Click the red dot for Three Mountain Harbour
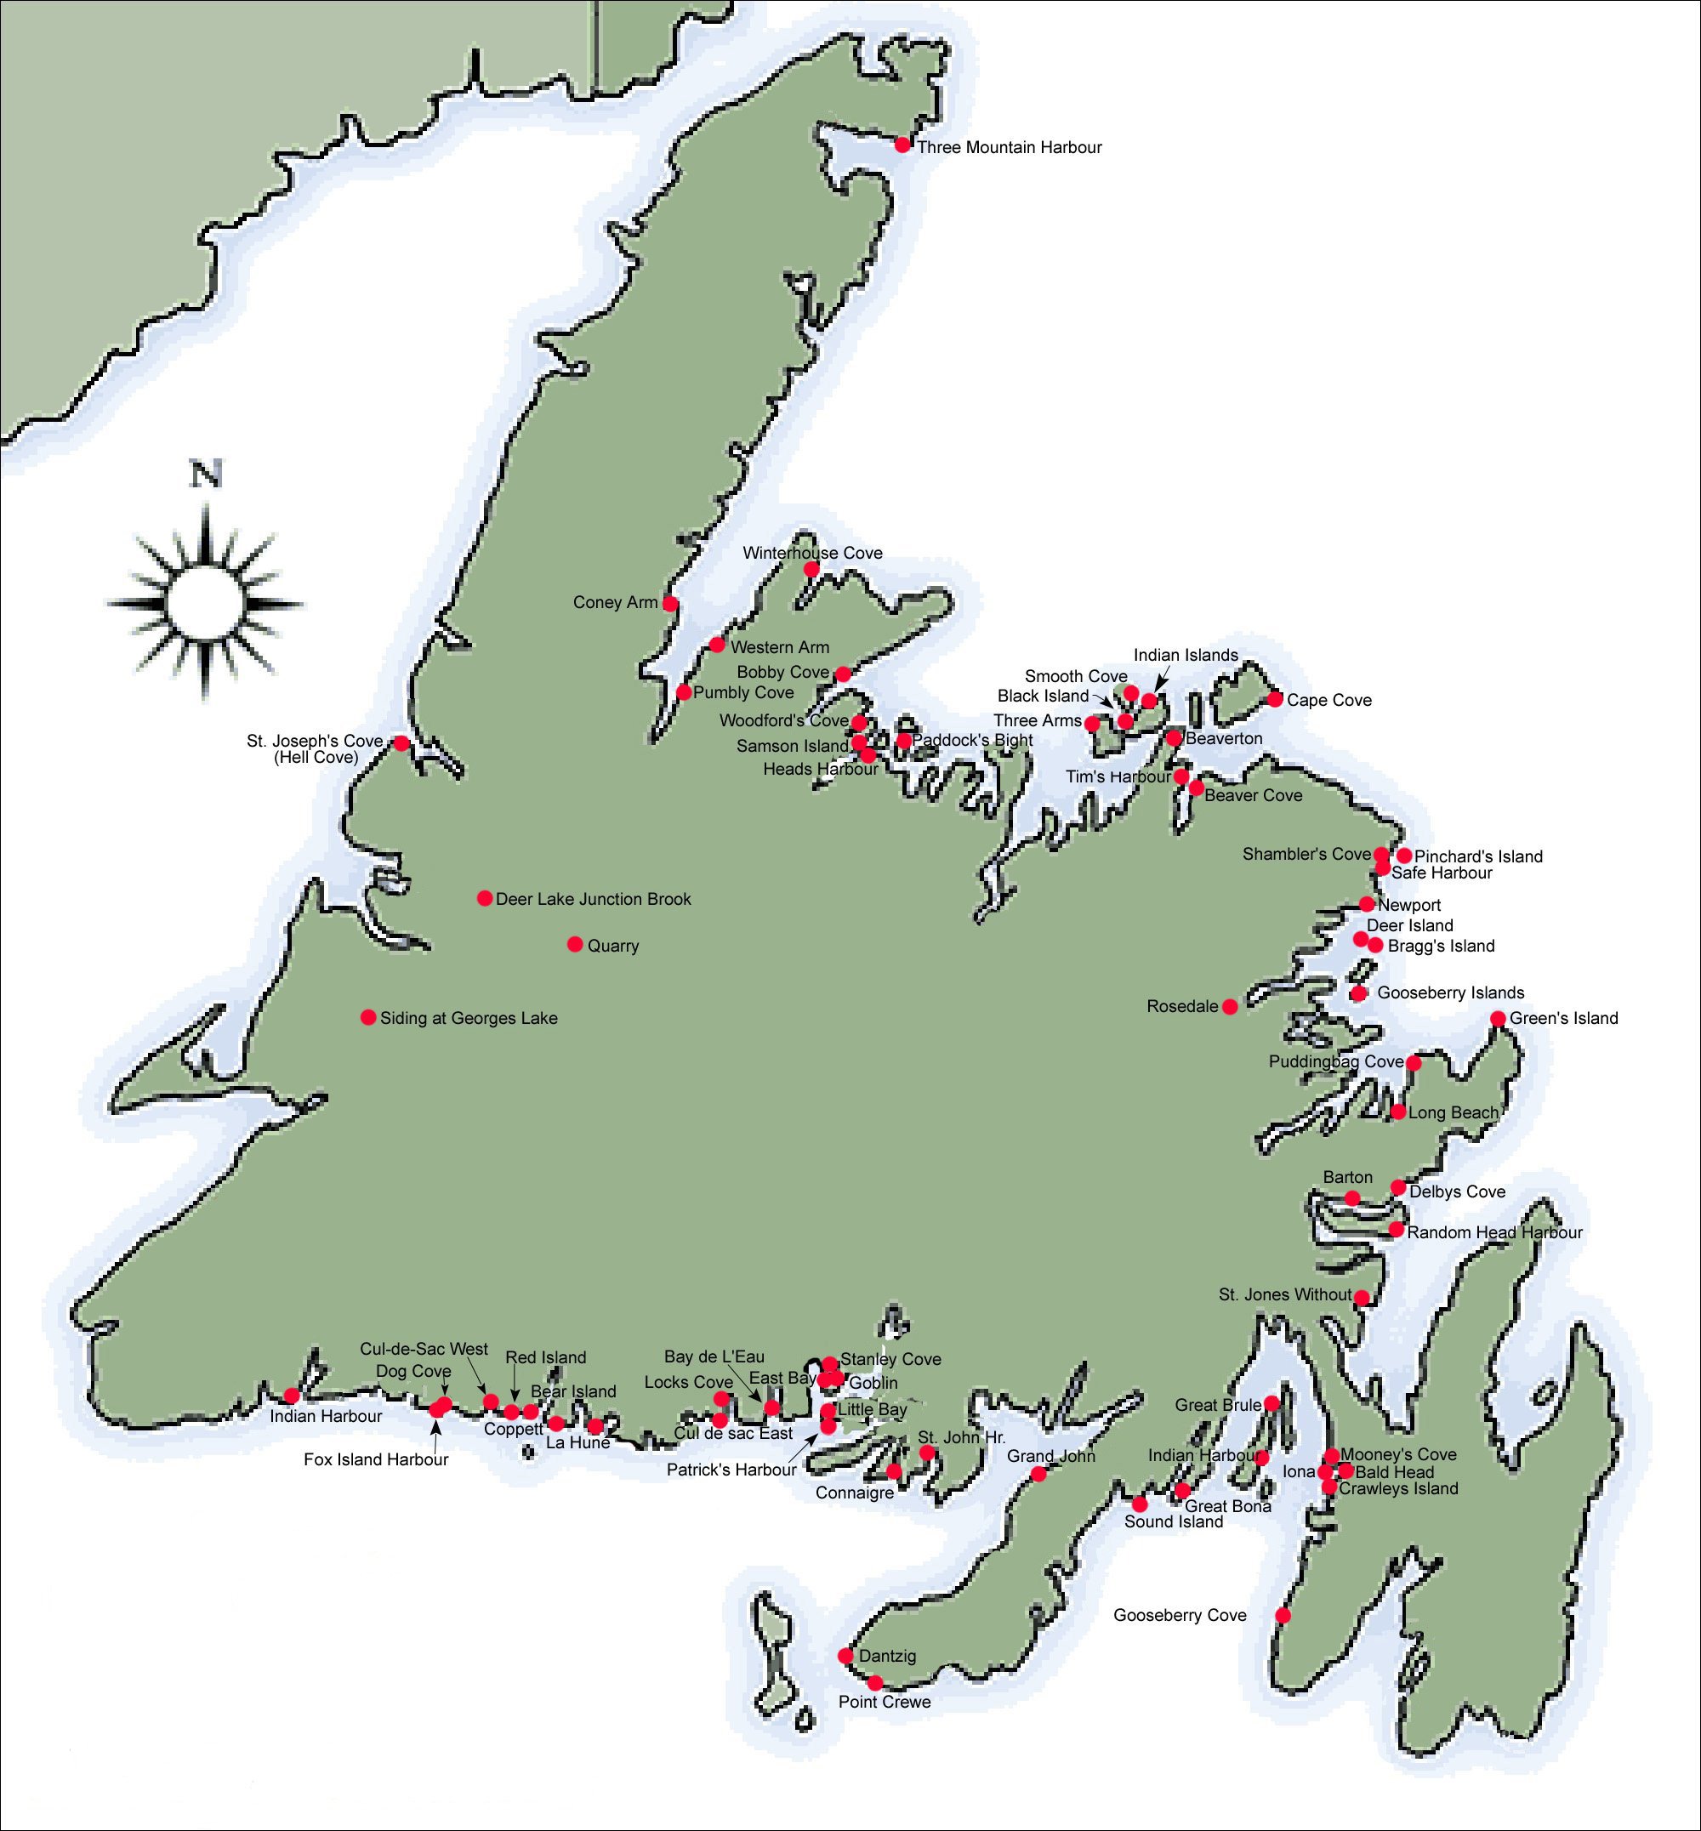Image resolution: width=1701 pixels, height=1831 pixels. point(902,145)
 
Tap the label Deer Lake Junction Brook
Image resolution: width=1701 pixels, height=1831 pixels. point(593,900)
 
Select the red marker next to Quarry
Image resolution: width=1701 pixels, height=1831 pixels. point(574,945)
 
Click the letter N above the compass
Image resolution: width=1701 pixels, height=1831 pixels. point(205,475)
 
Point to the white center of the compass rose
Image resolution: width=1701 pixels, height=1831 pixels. point(204,604)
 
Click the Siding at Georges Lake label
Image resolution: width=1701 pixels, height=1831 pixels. point(468,1018)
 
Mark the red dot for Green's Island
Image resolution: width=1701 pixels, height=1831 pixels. point(1498,1018)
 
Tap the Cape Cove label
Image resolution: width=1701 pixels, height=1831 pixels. point(1328,701)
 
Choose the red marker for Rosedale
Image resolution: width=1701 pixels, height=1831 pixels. point(1229,1007)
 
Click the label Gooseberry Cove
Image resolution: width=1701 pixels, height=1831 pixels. point(1179,1616)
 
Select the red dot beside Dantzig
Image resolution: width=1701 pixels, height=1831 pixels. point(845,1656)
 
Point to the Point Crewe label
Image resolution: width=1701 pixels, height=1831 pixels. point(884,1702)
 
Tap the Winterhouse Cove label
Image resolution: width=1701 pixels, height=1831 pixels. point(812,554)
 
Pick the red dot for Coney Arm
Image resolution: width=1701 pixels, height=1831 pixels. point(670,604)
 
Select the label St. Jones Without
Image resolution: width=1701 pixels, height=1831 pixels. point(1285,1295)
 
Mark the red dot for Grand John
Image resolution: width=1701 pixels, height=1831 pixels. point(1038,1474)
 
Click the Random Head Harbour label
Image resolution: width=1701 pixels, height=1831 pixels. point(1493,1232)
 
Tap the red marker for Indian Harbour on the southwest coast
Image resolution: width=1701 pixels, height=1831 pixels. point(291,1396)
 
